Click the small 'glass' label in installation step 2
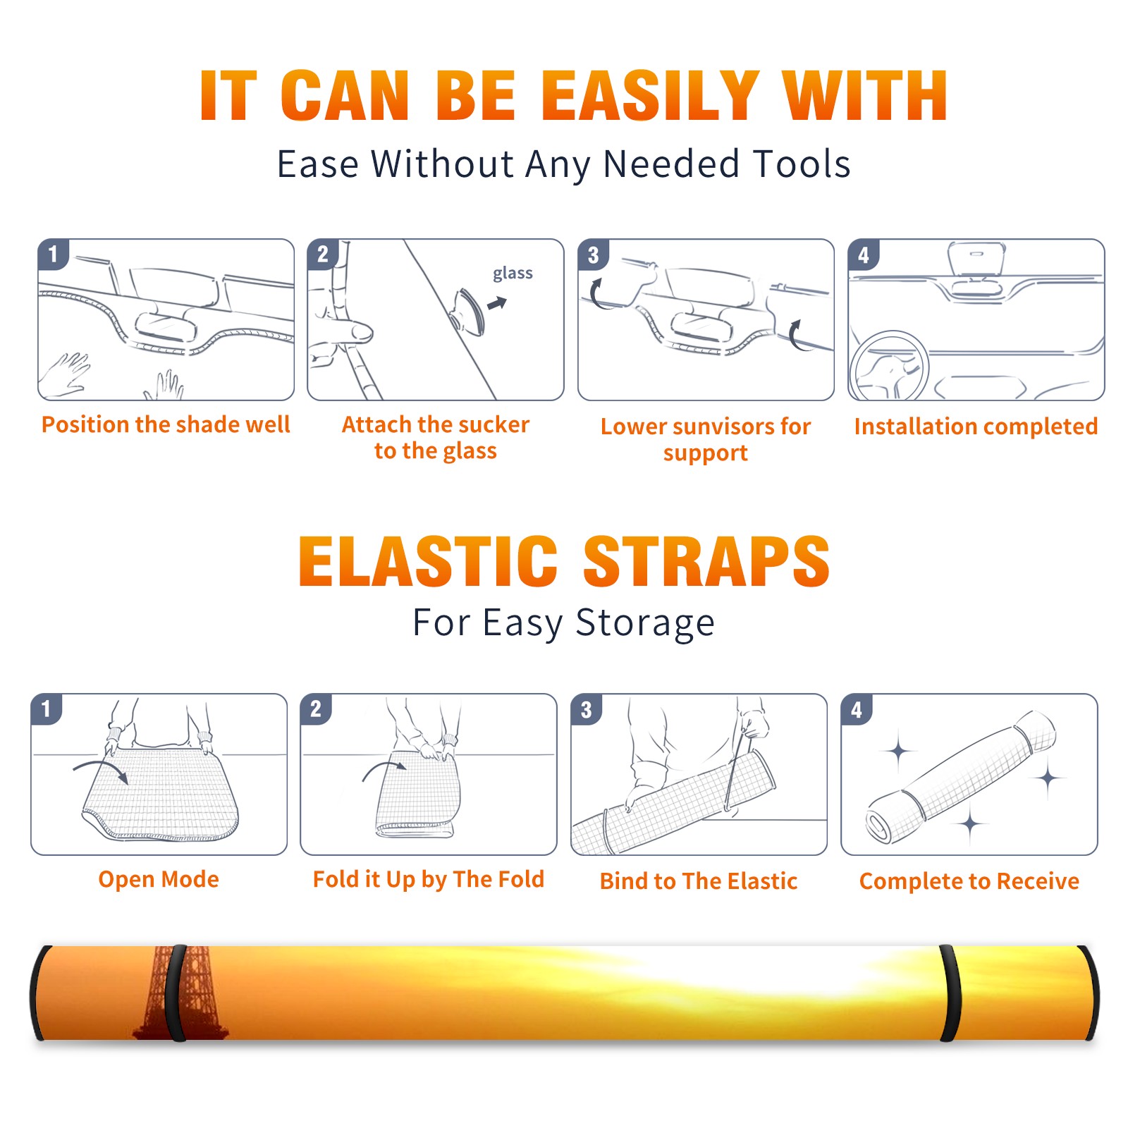(513, 274)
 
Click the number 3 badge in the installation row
(593, 255)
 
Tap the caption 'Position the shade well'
(166, 424)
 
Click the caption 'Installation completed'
(976, 427)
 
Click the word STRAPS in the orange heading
(706, 561)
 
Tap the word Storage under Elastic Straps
(645, 624)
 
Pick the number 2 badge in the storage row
(316, 709)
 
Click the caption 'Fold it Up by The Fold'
(429, 879)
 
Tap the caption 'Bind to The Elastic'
(699, 881)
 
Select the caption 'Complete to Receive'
(969, 881)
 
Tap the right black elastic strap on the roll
(950, 993)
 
